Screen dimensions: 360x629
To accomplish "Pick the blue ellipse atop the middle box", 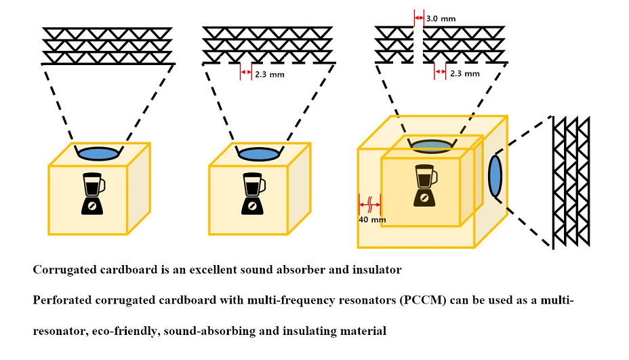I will click(260, 153).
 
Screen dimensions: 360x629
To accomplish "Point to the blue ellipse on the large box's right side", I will click(495, 176).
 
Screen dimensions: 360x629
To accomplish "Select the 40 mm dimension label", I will click(371, 220).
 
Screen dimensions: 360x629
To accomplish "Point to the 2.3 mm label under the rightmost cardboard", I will click(465, 74).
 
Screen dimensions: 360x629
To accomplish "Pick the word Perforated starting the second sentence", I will click(63, 299).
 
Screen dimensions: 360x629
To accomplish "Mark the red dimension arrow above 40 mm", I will click(370, 201).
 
